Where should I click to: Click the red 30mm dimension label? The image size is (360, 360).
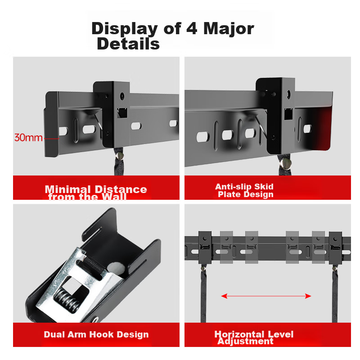(28, 138)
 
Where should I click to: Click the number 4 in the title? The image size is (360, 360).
(192, 28)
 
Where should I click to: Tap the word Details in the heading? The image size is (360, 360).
(128, 44)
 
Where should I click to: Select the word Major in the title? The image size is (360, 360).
(229, 29)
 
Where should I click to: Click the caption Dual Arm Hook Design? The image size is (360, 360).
(96, 334)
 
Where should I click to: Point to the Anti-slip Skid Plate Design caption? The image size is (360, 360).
(244, 190)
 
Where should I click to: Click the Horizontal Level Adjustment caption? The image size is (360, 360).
(254, 337)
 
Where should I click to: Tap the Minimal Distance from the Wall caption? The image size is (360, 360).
(96, 193)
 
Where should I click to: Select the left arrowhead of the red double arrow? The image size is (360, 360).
(224, 296)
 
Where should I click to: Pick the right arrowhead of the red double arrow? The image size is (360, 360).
(308, 296)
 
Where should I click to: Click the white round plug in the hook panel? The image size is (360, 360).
(116, 268)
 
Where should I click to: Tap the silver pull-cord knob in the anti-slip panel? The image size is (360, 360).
(285, 163)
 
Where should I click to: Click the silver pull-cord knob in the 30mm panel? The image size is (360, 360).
(119, 156)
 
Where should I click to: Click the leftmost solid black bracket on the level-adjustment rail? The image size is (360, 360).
(205, 247)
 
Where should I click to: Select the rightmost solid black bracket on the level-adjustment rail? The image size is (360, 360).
(335, 248)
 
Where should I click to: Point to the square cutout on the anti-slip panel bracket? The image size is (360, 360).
(288, 114)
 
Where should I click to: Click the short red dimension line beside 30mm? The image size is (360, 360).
(51, 139)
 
